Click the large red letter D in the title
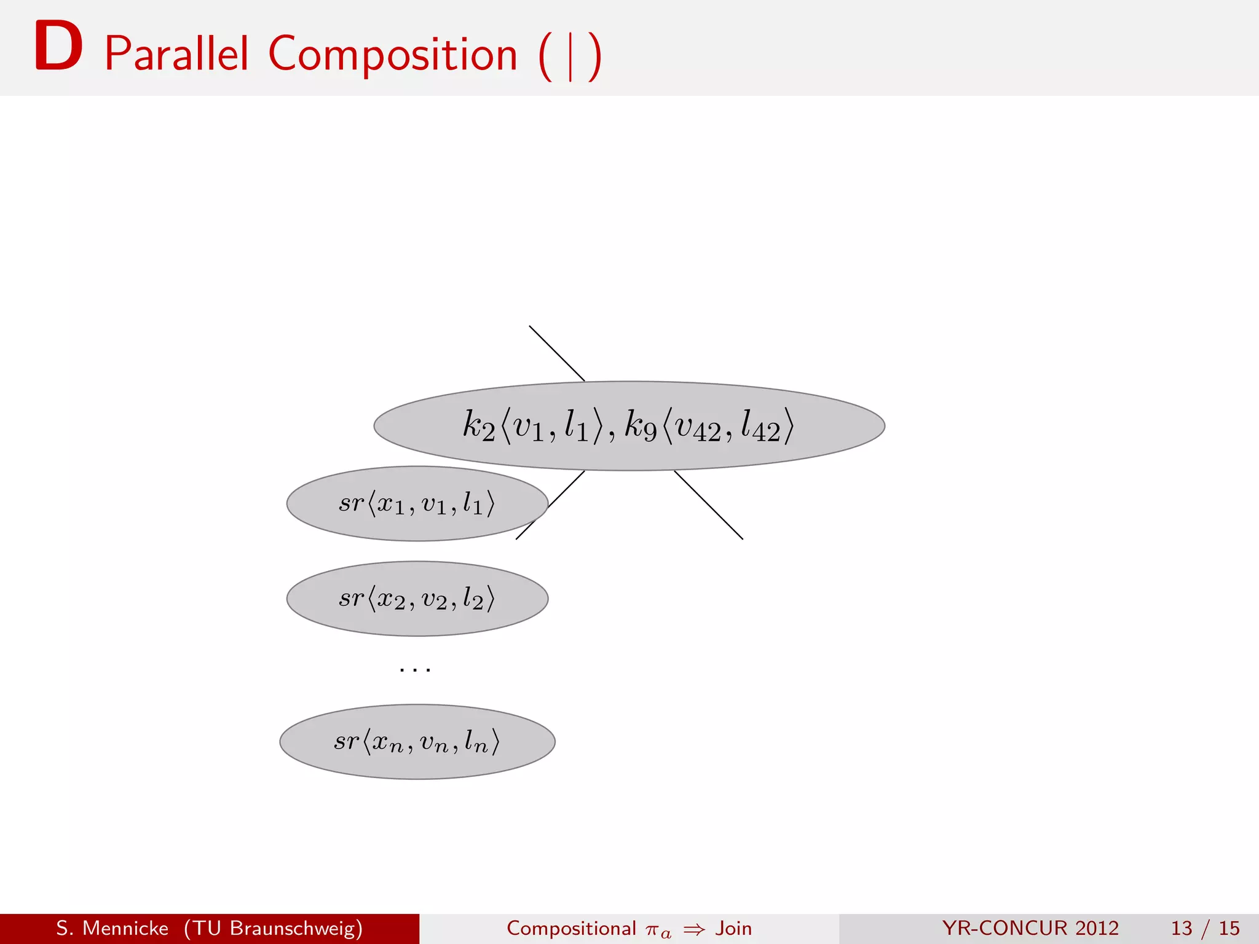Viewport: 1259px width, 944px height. pos(58,47)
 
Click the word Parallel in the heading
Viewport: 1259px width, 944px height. pos(176,54)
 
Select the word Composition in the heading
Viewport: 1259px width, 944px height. pos(393,54)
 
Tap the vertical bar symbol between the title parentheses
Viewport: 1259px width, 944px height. pos(570,57)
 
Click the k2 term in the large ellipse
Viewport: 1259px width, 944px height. pos(478,425)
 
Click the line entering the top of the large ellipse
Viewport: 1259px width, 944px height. pos(556,353)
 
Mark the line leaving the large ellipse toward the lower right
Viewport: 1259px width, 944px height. pos(709,505)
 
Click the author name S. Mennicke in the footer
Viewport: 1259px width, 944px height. pos(112,928)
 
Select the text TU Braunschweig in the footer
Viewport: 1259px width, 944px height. pos(273,928)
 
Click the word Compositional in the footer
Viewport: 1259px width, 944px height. pos(571,928)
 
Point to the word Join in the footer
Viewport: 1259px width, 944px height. pos(733,928)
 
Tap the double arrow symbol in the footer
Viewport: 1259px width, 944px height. pos(694,929)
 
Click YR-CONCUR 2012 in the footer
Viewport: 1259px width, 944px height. pos(1030,928)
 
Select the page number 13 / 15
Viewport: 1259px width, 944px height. pos(1205,928)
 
